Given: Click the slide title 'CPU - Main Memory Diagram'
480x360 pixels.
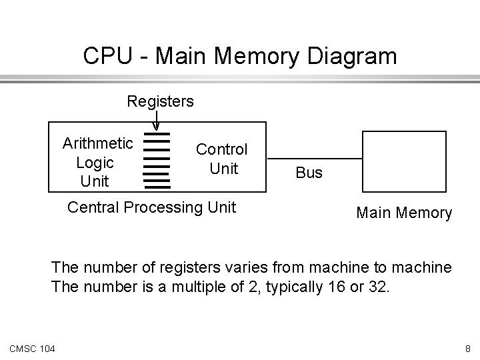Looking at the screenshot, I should [239, 55].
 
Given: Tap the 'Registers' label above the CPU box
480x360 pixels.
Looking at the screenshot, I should [161, 101].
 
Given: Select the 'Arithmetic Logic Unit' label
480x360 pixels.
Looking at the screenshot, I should [97, 162].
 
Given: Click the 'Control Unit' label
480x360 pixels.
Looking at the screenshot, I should [221, 159].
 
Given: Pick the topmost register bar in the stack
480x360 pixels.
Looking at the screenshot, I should [157, 134].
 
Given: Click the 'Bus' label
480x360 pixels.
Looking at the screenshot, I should [309, 173].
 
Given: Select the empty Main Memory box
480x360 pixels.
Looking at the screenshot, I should [404, 162].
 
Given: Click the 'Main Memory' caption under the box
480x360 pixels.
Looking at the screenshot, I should [404, 213].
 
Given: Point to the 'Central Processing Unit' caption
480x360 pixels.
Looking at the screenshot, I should [152, 207].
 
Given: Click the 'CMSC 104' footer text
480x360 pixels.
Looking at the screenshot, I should [33, 347].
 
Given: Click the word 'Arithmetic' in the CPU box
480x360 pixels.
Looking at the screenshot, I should [97, 143].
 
